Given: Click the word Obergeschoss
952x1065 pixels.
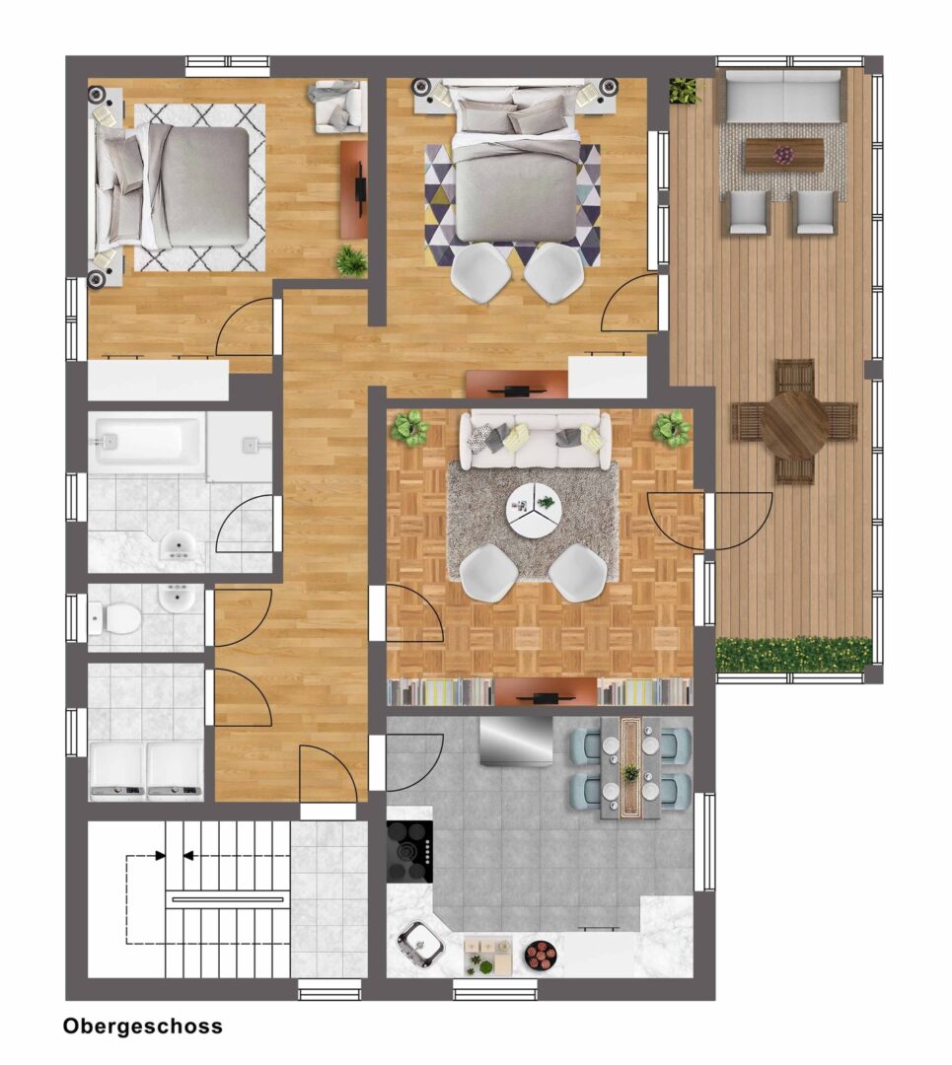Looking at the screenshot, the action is coord(143,1026).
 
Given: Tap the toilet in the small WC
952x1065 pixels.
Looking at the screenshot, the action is coord(116,618).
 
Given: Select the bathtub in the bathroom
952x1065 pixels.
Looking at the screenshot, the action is coord(147,443).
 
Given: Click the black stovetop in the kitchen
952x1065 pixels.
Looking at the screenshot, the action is coord(409,852).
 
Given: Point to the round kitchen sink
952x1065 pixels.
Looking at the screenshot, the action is coord(420,943).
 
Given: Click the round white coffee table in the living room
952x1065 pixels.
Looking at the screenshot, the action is coord(534,509).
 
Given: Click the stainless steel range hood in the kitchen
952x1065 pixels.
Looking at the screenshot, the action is coord(516,741).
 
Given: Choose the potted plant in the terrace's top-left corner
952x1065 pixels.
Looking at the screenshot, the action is coord(685,91).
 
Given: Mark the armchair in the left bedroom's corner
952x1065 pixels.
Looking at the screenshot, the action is coord(337,106).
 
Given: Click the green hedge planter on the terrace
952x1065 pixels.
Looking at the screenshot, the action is coord(794,655).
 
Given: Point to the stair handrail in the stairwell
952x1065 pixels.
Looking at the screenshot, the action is coord(228,900).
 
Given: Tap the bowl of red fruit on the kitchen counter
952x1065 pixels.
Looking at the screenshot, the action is coord(542,956).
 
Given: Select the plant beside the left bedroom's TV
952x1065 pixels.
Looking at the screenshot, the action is coord(351,260).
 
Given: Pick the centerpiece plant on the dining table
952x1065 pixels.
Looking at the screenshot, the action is coord(630,772).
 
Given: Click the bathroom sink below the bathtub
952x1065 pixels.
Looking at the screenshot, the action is coord(178,545).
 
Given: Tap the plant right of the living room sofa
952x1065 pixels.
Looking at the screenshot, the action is coord(672,428).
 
